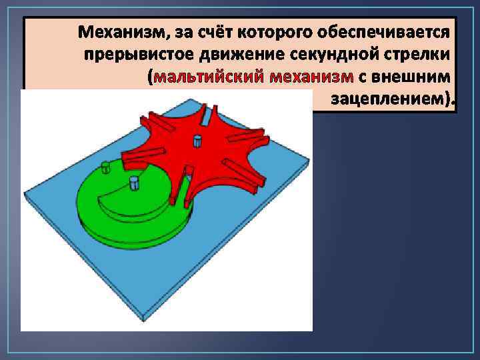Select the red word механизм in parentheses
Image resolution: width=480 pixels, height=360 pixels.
click(312, 77)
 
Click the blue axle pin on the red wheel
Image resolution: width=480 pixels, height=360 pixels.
click(197, 141)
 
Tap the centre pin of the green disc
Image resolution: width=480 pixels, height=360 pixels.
click(134, 182)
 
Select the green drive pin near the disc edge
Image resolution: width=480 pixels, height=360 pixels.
click(105, 167)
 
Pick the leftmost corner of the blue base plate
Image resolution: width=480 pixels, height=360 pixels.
click(26, 195)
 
